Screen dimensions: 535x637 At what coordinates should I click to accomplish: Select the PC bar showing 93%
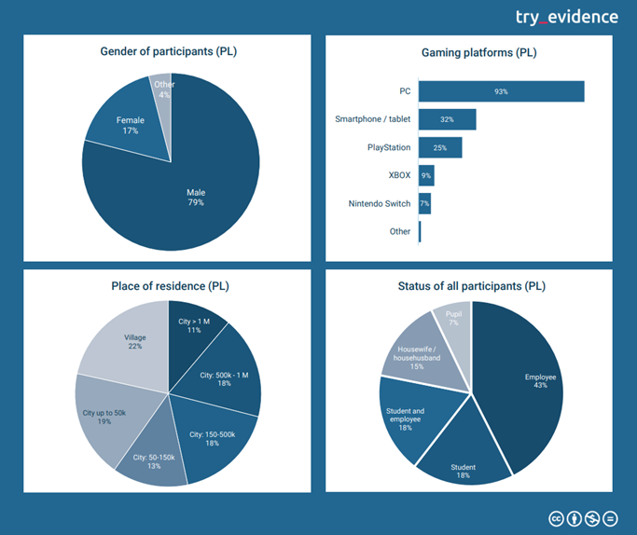pyautogui.click(x=501, y=91)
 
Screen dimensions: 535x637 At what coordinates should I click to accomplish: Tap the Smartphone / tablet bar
pyautogui.click(x=447, y=119)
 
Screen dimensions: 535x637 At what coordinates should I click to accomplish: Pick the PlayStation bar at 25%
pyautogui.click(x=440, y=147)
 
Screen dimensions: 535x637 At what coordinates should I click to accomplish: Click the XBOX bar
pyautogui.click(x=426, y=175)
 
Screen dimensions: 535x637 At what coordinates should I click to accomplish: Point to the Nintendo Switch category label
pyautogui.click(x=380, y=203)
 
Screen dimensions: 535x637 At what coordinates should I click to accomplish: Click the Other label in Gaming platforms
pyautogui.click(x=400, y=231)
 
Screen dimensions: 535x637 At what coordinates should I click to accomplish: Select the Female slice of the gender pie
pyautogui.click(x=129, y=126)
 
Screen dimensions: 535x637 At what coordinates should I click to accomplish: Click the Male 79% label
pyautogui.click(x=195, y=198)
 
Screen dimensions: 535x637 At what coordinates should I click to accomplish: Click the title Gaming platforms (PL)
pyautogui.click(x=467, y=53)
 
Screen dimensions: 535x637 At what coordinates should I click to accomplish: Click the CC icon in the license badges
pyautogui.click(x=557, y=518)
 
